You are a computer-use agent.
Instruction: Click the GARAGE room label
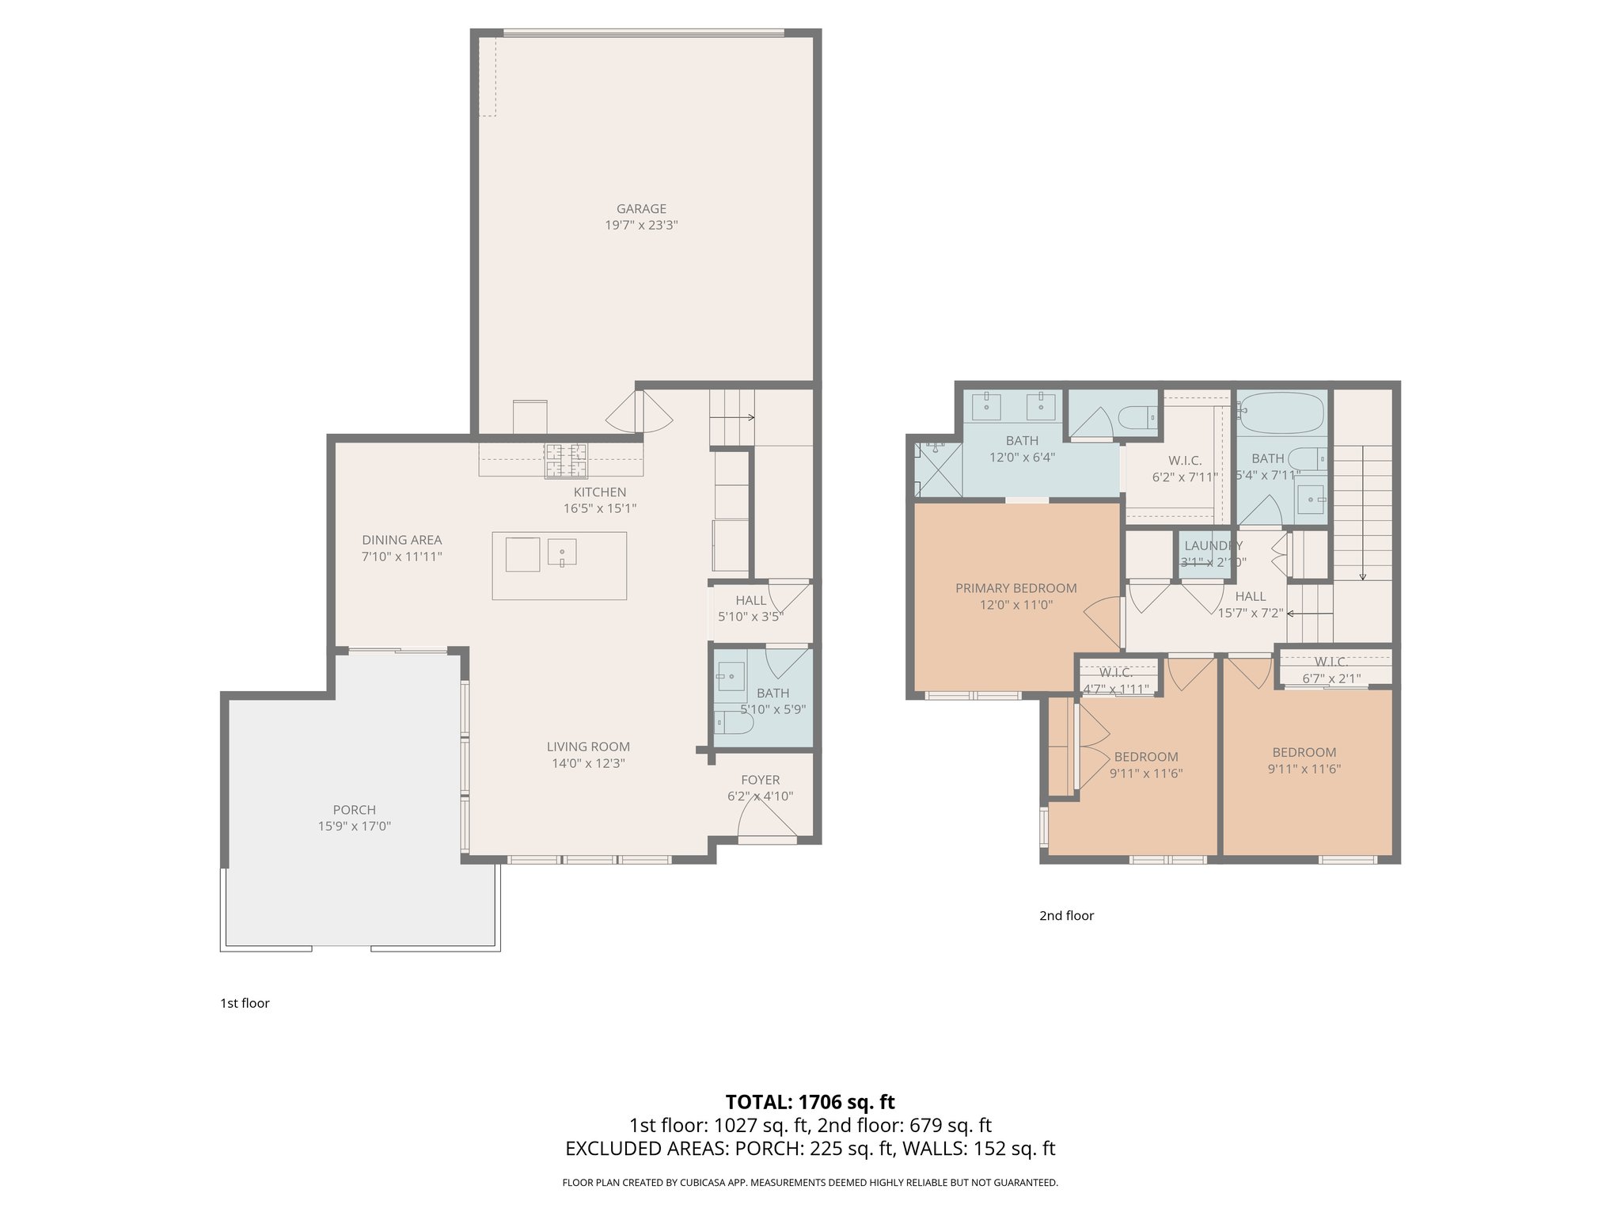coord(641,209)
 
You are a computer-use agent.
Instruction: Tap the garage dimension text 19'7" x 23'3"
coord(641,226)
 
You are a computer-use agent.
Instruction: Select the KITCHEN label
coord(600,492)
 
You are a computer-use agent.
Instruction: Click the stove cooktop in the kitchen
coord(565,461)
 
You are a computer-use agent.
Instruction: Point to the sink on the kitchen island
coord(561,552)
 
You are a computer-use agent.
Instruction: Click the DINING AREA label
coord(402,540)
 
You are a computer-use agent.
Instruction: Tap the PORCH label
coord(354,810)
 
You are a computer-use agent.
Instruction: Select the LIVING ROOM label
coord(588,747)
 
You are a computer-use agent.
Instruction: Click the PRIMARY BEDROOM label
coord(1015,588)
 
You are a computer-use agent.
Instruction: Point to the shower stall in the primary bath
coord(937,470)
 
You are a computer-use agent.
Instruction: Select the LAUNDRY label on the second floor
coord(1213,545)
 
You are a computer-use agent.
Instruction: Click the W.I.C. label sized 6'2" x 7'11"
coord(1185,461)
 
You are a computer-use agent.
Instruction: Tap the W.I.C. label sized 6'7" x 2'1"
coord(1331,662)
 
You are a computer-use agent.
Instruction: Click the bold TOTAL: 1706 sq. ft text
coord(810,1102)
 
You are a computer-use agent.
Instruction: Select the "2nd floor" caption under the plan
coord(1066,916)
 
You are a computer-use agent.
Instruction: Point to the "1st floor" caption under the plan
coord(245,1003)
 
